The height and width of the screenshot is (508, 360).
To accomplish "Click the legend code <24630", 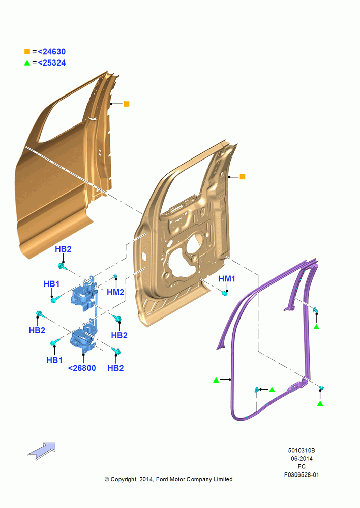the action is click(x=52, y=51).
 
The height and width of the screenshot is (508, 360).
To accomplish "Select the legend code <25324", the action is click(x=52, y=63).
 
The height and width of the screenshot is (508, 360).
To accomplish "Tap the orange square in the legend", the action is click(x=27, y=51).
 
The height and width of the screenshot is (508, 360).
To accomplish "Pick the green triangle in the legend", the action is click(x=27, y=63).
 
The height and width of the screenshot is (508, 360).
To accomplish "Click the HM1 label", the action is click(x=227, y=278).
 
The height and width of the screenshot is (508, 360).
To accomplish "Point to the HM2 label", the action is click(x=115, y=292).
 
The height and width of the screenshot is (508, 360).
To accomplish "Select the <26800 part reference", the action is click(x=82, y=368).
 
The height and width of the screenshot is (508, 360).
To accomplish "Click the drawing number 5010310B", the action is click(x=302, y=450).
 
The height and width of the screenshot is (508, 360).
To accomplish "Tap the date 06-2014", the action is click(x=302, y=458).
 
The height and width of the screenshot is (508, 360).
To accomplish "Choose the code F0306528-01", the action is click(x=302, y=474).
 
